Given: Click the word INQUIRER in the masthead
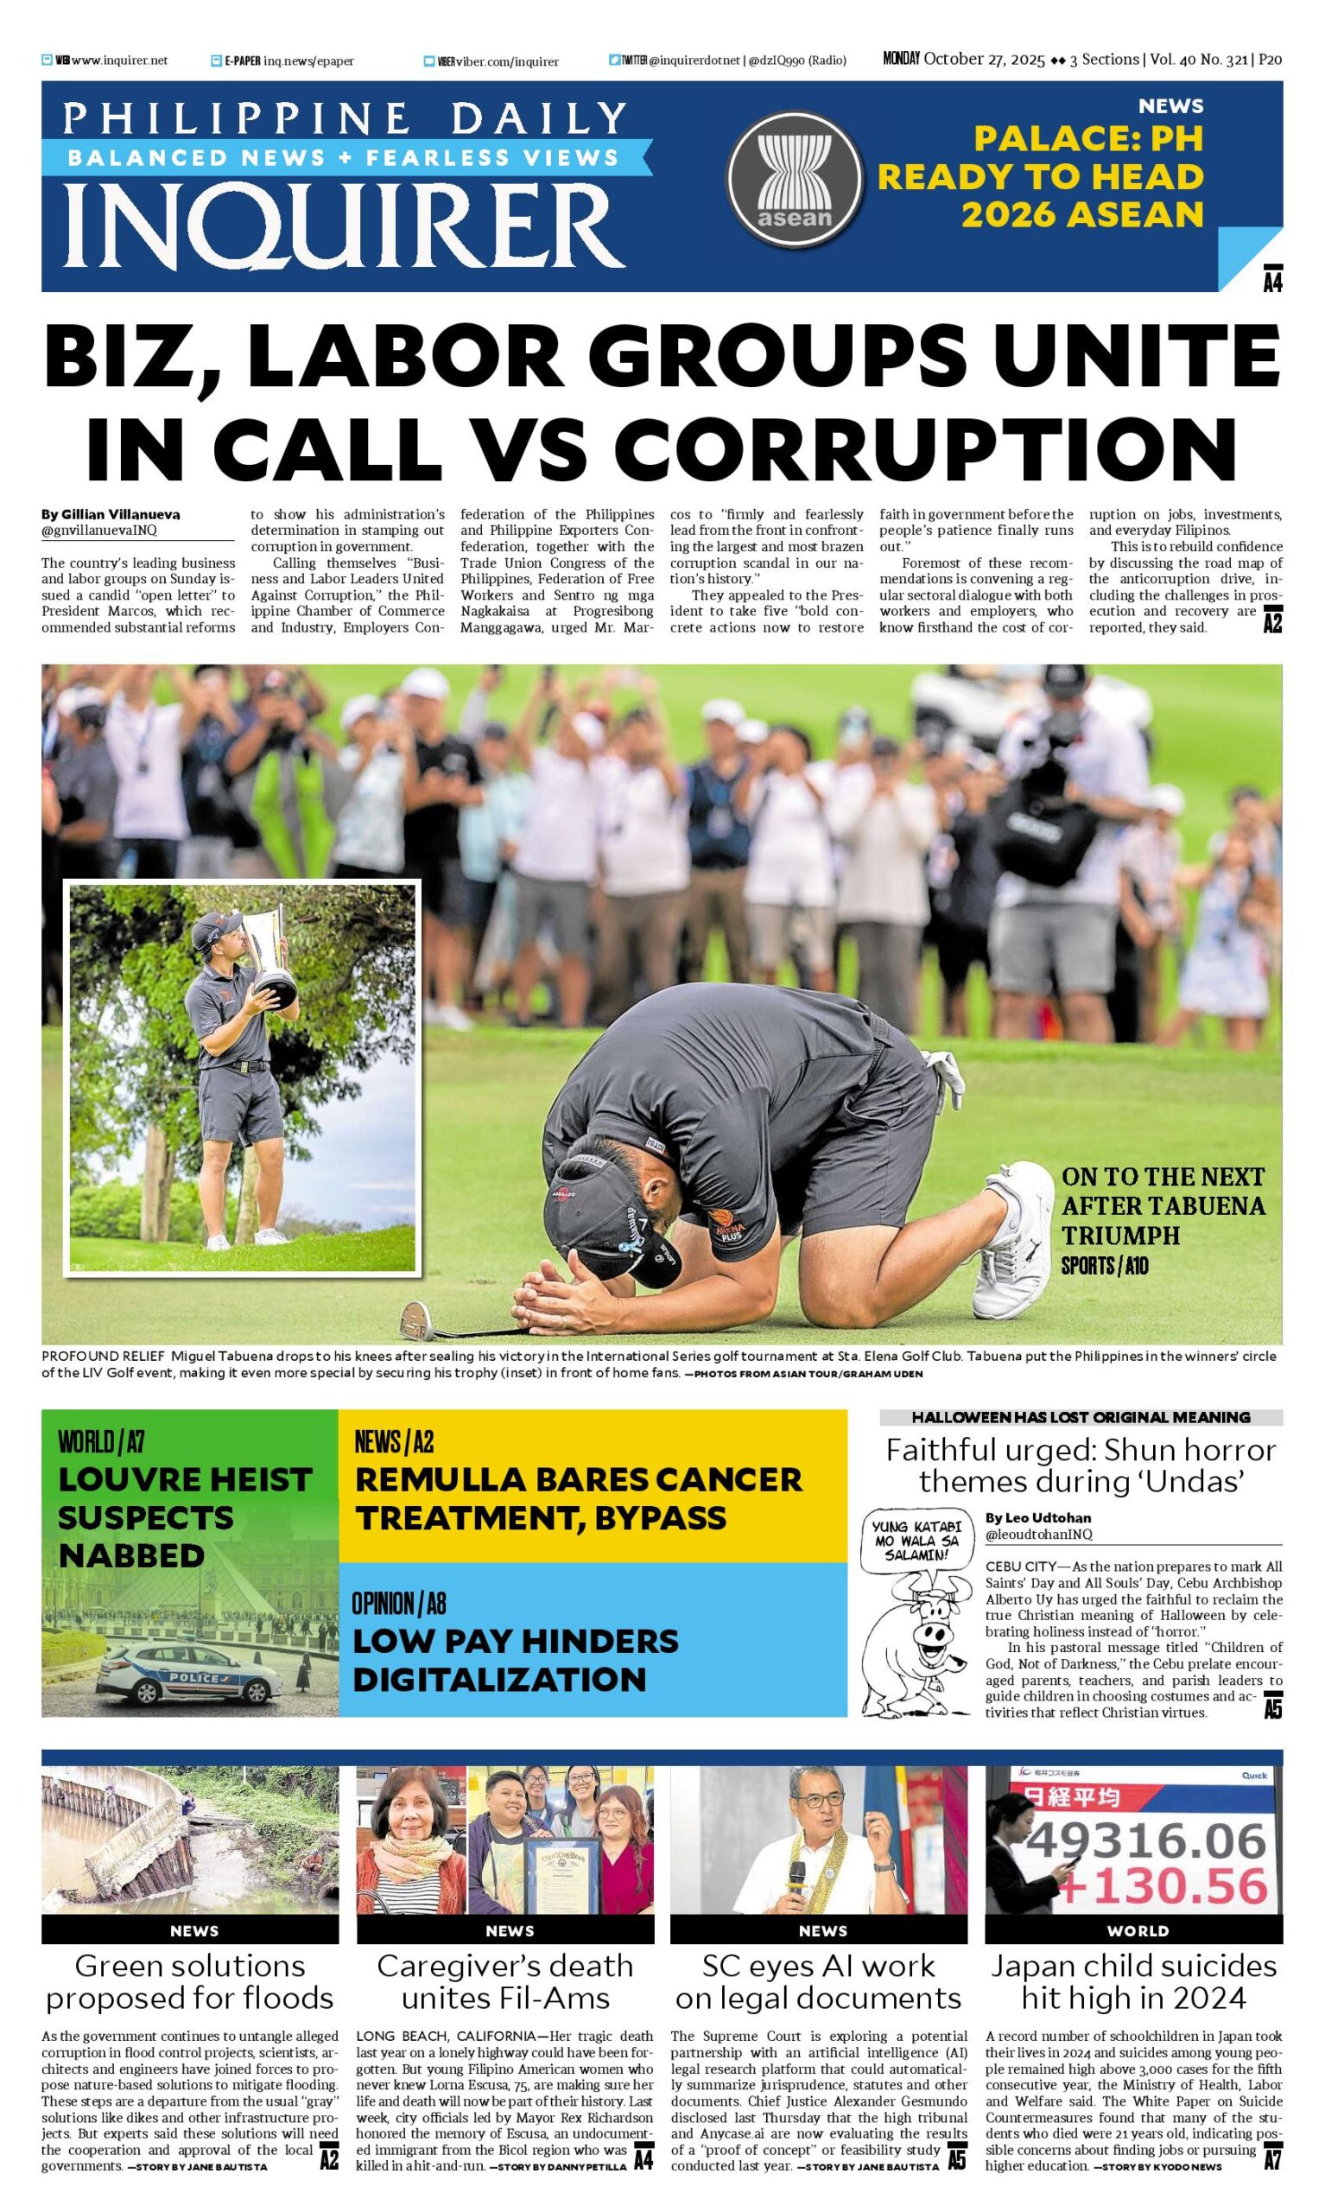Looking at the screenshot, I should click(344, 226).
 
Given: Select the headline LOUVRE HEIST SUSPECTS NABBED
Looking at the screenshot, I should click(184, 1517).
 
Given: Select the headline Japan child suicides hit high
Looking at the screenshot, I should click(1134, 1981).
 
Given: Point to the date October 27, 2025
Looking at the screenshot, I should click(984, 60).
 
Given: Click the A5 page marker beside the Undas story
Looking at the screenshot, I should click(1272, 1708).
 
